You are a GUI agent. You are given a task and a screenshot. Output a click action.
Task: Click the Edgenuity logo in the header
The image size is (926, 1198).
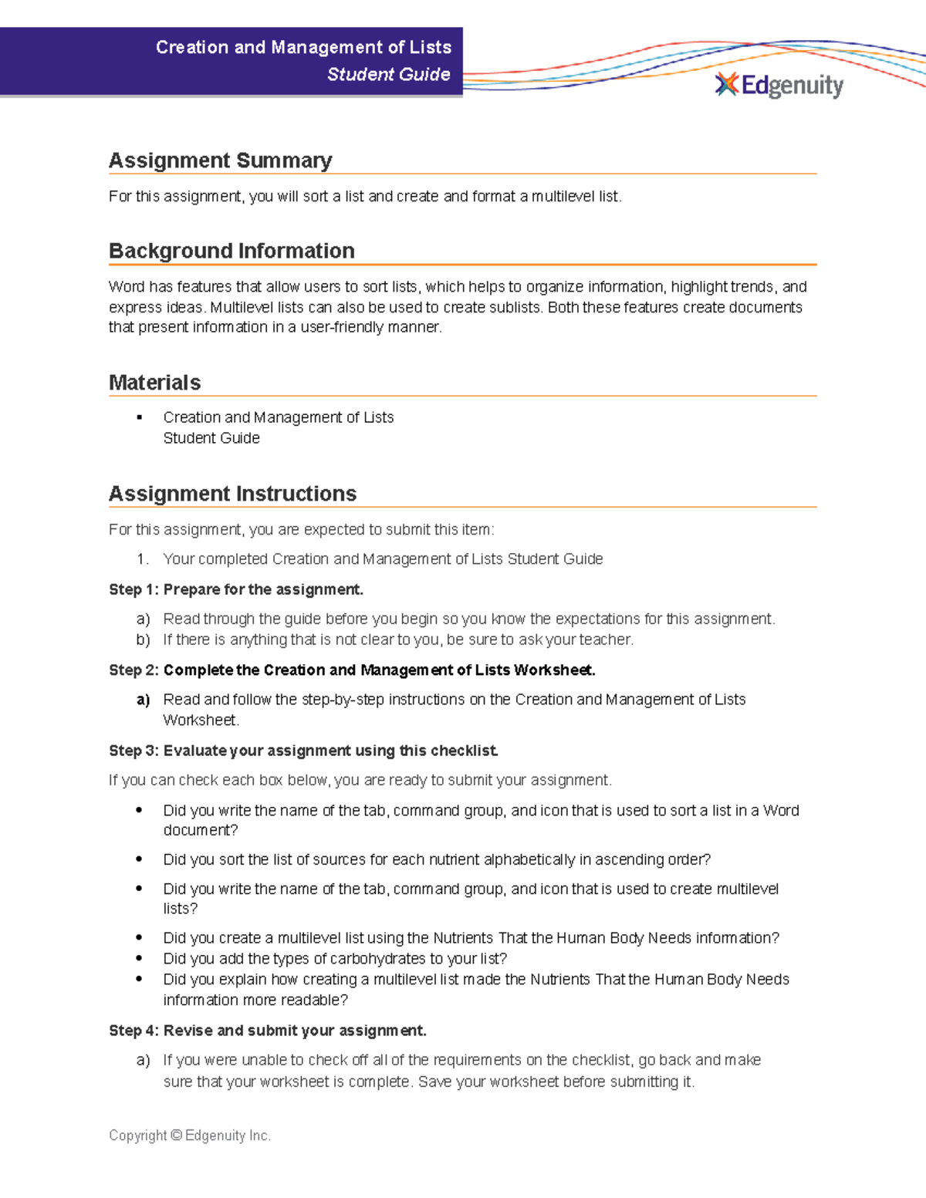(779, 85)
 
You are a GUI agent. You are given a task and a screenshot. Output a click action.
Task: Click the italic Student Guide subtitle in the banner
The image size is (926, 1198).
(388, 74)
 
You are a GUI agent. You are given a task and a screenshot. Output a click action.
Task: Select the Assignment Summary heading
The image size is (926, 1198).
(220, 160)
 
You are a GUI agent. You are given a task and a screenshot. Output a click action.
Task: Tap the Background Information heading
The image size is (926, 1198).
(231, 251)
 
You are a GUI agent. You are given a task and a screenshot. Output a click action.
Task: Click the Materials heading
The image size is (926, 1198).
(154, 382)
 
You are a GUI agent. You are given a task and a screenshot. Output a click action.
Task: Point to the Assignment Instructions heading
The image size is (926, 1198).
(232, 494)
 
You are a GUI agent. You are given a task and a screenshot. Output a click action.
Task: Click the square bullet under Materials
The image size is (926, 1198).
(140, 417)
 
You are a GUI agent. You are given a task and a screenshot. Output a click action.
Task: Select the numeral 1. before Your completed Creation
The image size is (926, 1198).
(142, 559)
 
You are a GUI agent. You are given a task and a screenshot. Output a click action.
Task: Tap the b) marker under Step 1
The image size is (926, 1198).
(143, 639)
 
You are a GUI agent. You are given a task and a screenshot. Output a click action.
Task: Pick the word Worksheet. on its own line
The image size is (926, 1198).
(201, 720)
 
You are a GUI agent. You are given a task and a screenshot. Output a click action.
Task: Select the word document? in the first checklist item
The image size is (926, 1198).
(200, 830)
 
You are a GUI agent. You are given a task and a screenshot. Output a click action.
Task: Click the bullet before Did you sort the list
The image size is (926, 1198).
(139, 859)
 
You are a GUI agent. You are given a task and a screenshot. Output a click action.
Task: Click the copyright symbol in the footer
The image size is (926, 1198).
(176, 1136)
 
